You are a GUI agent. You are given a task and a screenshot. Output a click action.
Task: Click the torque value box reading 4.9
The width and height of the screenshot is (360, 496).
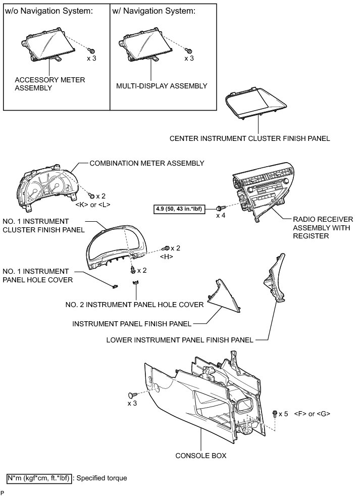click(x=180, y=207)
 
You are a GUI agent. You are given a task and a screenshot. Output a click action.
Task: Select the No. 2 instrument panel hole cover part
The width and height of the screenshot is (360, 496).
click(x=135, y=283)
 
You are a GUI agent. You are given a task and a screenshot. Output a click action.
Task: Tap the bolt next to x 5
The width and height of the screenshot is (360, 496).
click(x=275, y=413)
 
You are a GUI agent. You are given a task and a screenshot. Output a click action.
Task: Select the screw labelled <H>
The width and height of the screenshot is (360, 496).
click(x=166, y=249)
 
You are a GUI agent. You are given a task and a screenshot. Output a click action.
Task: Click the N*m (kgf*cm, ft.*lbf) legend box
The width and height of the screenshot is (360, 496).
click(x=39, y=477)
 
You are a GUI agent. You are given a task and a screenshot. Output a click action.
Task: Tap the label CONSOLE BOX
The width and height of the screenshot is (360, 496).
click(x=200, y=455)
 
